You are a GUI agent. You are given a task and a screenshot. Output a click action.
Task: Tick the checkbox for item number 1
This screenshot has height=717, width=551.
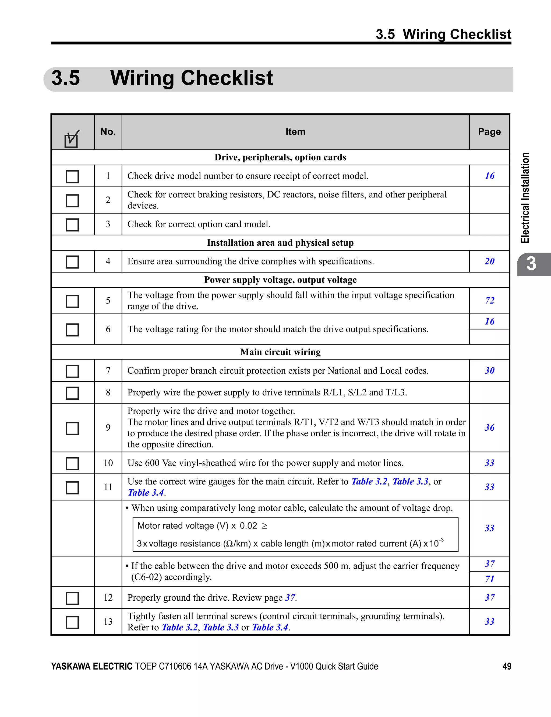72,177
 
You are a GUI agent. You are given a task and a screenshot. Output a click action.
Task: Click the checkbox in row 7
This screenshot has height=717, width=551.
72,371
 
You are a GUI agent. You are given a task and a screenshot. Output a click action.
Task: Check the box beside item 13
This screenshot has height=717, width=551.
72,622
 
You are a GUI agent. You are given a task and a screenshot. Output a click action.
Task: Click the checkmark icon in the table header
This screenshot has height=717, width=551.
72,139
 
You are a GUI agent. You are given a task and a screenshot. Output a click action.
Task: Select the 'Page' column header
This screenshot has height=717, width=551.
489,132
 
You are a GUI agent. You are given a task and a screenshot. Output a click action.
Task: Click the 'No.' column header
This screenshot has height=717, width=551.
108,132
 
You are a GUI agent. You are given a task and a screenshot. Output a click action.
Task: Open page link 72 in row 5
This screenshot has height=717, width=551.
489,300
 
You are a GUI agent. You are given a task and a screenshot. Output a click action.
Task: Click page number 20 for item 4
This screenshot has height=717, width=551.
489,261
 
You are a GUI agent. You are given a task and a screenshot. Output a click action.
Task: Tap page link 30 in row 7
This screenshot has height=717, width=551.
489,371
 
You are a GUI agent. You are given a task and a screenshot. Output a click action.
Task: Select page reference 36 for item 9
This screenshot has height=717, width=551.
489,427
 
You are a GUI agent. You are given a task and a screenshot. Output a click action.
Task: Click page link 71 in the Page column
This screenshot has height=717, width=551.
489,579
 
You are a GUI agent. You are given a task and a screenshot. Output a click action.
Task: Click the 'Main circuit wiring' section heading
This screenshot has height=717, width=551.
280,352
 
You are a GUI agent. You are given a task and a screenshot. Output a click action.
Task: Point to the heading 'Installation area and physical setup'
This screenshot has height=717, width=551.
280,243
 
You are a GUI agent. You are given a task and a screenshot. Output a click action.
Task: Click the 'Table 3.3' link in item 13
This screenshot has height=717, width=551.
221,627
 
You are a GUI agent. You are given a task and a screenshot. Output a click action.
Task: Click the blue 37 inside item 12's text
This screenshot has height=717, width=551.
290,597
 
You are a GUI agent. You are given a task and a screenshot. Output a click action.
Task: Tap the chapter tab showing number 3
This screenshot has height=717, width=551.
531,264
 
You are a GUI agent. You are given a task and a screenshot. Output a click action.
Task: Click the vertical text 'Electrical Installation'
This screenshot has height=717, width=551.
525,198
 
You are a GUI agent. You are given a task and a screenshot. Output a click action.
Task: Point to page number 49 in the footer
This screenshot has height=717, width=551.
507,666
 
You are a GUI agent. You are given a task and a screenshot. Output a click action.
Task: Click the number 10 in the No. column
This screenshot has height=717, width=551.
108,463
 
